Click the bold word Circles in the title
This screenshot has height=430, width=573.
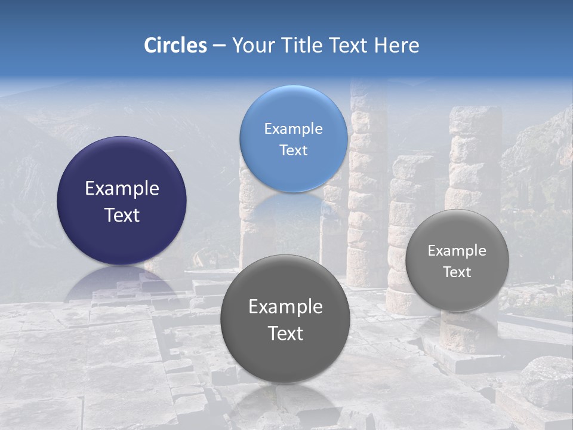click(x=175, y=45)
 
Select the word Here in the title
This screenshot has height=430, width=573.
click(x=397, y=45)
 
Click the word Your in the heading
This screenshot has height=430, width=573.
click(x=252, y=45)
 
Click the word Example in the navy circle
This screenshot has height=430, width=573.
click(x=122, y=189)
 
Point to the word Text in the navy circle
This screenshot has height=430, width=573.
click(x=122, y=216)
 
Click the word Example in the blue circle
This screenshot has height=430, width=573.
click(x=293, y=129)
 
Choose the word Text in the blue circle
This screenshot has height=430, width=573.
click(x=293, y=150)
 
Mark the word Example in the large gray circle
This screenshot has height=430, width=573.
click(x=285, y=307)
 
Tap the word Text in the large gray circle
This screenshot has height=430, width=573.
click(x=285, y=334)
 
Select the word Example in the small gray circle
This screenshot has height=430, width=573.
click(x=457, y=251)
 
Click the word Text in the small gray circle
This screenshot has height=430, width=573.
click(x=457, y=272)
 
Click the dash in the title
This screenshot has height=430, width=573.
click(x=219, y=46)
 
